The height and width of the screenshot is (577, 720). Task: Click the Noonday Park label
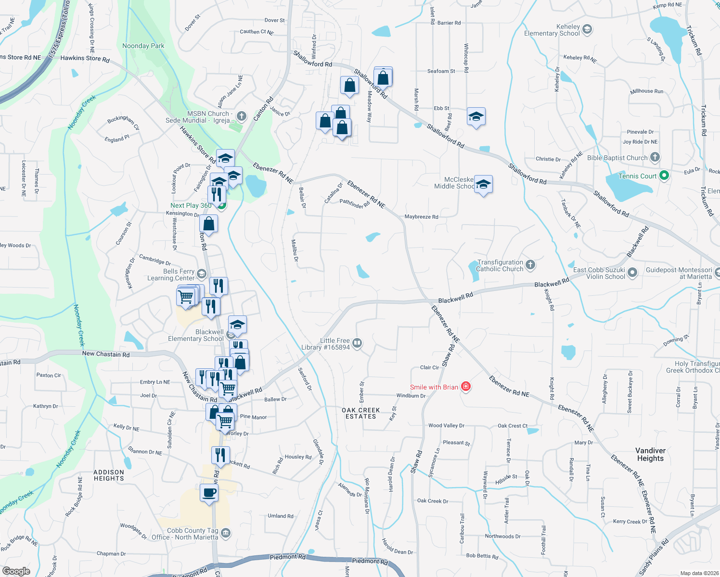click(143, 46)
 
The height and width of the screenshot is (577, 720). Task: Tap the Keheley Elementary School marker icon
click(587, 30)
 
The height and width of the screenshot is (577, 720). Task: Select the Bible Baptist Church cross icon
click(655, 157)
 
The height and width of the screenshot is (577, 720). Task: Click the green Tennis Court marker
click(664, 176)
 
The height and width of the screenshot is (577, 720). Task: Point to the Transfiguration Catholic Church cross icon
click(530, 264)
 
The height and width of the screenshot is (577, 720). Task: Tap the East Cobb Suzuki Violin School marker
click(632, 273)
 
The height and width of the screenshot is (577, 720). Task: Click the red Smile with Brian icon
click(465, 387)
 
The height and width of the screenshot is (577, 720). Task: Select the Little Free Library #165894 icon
click(357, 343)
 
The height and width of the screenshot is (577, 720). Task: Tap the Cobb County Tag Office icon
click(225, 533)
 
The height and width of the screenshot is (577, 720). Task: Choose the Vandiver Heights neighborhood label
click(650, 454)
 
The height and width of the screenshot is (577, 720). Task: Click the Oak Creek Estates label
click(360, 414)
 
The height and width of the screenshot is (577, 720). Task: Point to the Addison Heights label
click(109, 476)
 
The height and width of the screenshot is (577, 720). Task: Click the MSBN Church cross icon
click(242, 116)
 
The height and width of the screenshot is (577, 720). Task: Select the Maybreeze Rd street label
click(421, 217)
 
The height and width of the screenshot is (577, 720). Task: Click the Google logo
click(16, 571)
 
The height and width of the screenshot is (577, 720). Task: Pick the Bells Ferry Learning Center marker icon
click(202, 274)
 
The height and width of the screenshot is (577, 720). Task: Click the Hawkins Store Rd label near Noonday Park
click(85, 59)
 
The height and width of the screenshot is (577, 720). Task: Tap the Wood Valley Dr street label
click(446, 426)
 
